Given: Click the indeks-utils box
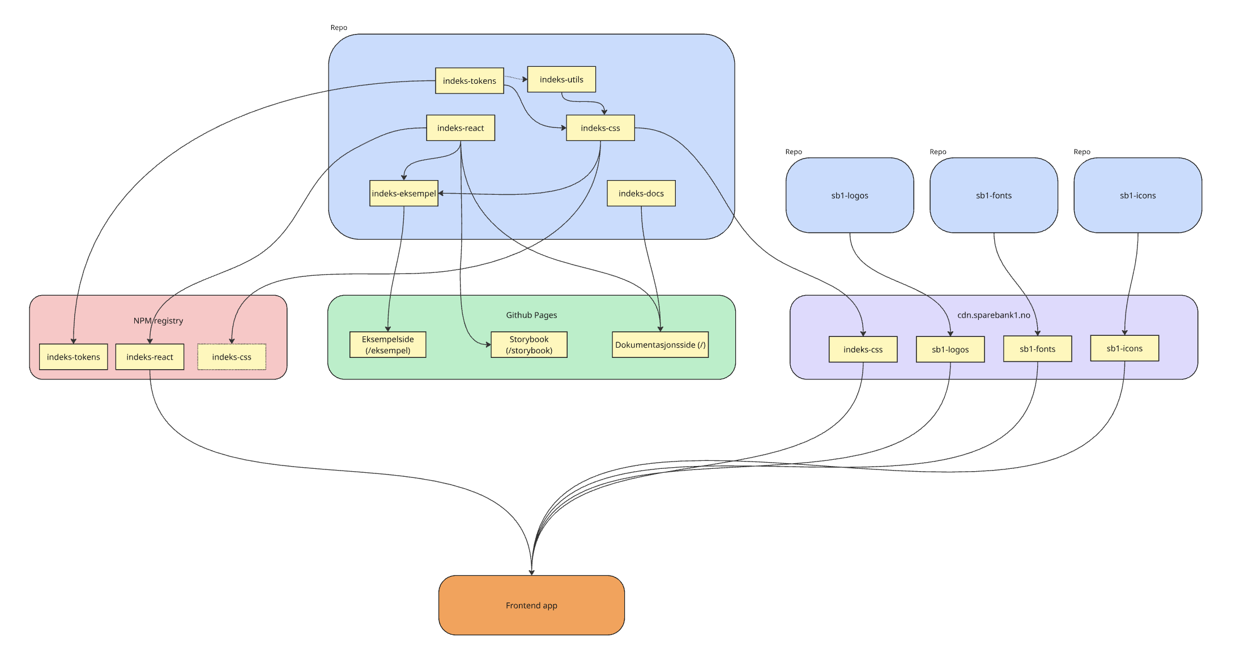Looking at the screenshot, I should pos(561,79).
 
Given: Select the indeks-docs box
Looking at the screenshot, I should pos(641,194).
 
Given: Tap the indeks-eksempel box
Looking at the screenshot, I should pos(403,194).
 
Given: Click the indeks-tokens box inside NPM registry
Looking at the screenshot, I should pos(73,357).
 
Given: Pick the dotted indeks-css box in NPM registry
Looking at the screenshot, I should pos(231,357).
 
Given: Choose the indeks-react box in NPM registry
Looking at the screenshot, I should pos(150,357).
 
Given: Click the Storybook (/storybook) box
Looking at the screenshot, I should pos(529,345).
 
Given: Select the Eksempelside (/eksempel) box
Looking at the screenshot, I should pos(387,345).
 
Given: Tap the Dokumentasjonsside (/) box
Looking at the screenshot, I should pos(660,345).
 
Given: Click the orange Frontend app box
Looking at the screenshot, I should pos(531,605).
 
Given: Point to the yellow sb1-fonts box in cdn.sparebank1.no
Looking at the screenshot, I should pos(1037,349).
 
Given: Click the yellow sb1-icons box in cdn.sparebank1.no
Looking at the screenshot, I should pos(1124,348).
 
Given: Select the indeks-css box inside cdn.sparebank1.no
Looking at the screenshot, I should pos(863,349).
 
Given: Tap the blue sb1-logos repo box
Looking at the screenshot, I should pos(849,195).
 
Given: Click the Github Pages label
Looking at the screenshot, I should pos(531,315).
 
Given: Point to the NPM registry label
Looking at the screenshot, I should pos(158,321).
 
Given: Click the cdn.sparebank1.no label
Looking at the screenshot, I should pos(994,315).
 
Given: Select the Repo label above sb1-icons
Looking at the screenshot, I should pos(1081,152).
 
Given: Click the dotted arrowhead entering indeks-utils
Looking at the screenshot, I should pos(525,79).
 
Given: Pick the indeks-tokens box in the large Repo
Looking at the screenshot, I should pos(469,81).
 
